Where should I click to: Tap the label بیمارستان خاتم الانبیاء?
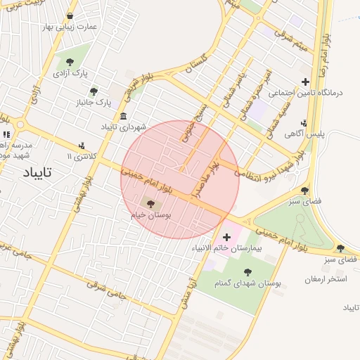[226, 248]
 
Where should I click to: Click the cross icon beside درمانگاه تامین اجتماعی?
[305, 82]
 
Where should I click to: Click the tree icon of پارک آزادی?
[70, 62]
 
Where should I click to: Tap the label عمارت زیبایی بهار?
[69, 27]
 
